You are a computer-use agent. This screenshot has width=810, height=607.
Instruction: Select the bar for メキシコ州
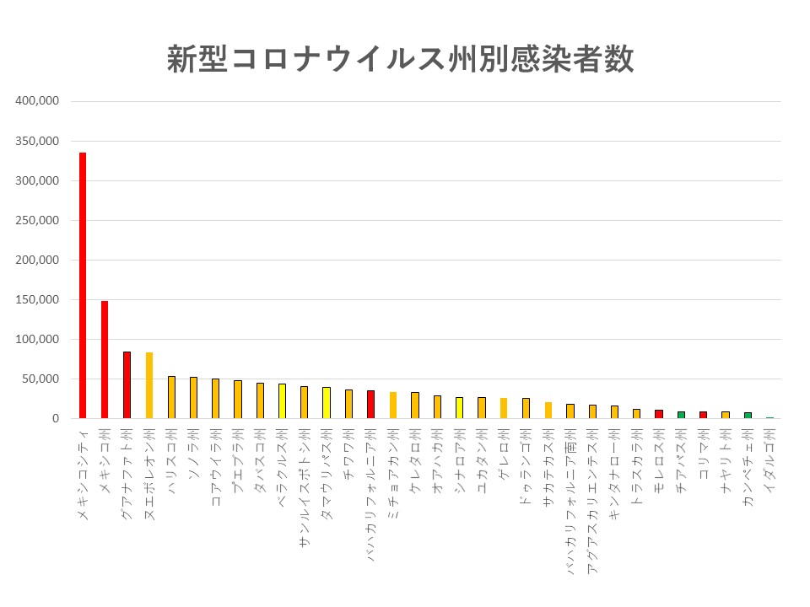pyautogui.click(x=105, y=359)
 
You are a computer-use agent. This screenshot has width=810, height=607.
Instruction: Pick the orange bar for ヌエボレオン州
pyautogui.click(x=149, y=385)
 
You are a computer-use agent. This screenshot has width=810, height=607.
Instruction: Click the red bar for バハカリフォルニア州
pyautogui.click(x=370, y=404)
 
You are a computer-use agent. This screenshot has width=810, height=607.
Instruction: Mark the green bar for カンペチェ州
pyautogui.click(x=747, y=415)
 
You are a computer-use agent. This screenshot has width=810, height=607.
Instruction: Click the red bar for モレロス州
pyautogui.click(x=658, y=413)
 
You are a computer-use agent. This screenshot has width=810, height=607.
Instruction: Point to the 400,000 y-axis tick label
pyautogui.click(x=37, y=101)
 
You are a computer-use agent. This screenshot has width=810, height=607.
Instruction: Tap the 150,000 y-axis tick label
pyautogui.click(x=37, y=299)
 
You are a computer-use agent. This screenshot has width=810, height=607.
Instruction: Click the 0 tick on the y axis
pyautogui.click(x=54, y=418)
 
